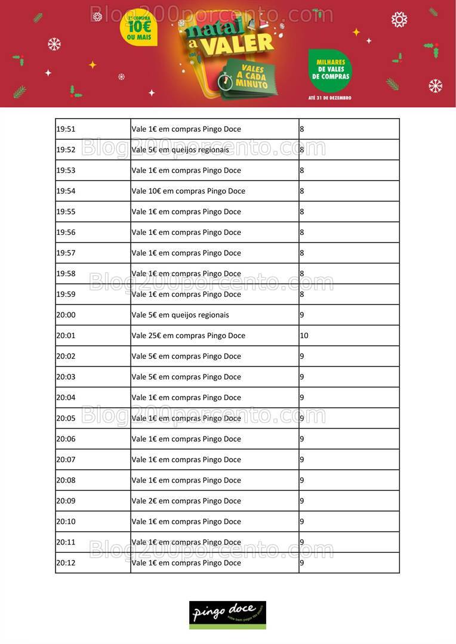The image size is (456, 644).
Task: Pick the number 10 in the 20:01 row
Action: click(x=304, y=336)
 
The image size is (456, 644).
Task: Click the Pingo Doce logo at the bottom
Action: click(x=227, y=614)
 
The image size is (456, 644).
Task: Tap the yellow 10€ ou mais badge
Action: click(x=139, y=29)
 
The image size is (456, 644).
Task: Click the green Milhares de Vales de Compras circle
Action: click(x=330, y=70)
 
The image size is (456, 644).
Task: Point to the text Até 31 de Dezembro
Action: click(x=330, y=97)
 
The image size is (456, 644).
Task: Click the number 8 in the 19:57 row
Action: click(x=302, y=253)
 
